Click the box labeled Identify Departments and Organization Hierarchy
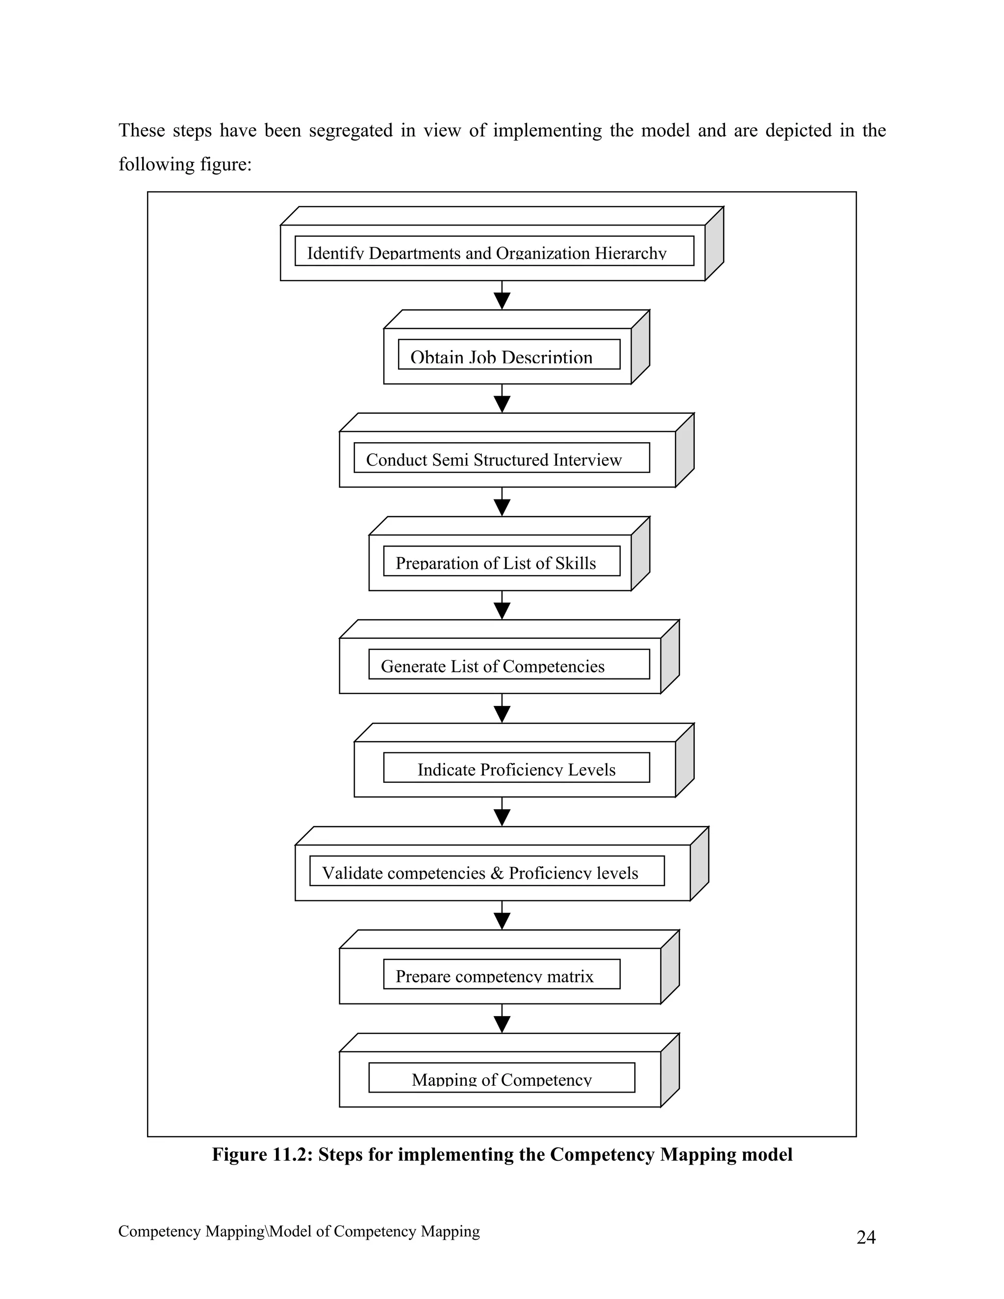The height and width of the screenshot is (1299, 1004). pyautogui.click(x=494, y=251)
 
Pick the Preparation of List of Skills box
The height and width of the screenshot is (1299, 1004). pyautogui.click(x=502, y=561)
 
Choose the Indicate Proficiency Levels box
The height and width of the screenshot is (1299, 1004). pyautogui.click(x=516, y=768)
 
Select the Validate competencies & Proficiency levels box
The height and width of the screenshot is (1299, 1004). pyautogui.click(x=486, y=872)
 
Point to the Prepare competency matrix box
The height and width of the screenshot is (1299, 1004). pyautogui.click(x=502, y=975)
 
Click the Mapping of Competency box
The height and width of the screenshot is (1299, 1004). pyautogui.click(x=502, y=1078)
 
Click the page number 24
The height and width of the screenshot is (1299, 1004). pyautogui.click(x=865, y=1238)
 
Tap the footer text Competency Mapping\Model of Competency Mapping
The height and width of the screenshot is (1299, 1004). pyautogui.click(x=299, y=1231)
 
